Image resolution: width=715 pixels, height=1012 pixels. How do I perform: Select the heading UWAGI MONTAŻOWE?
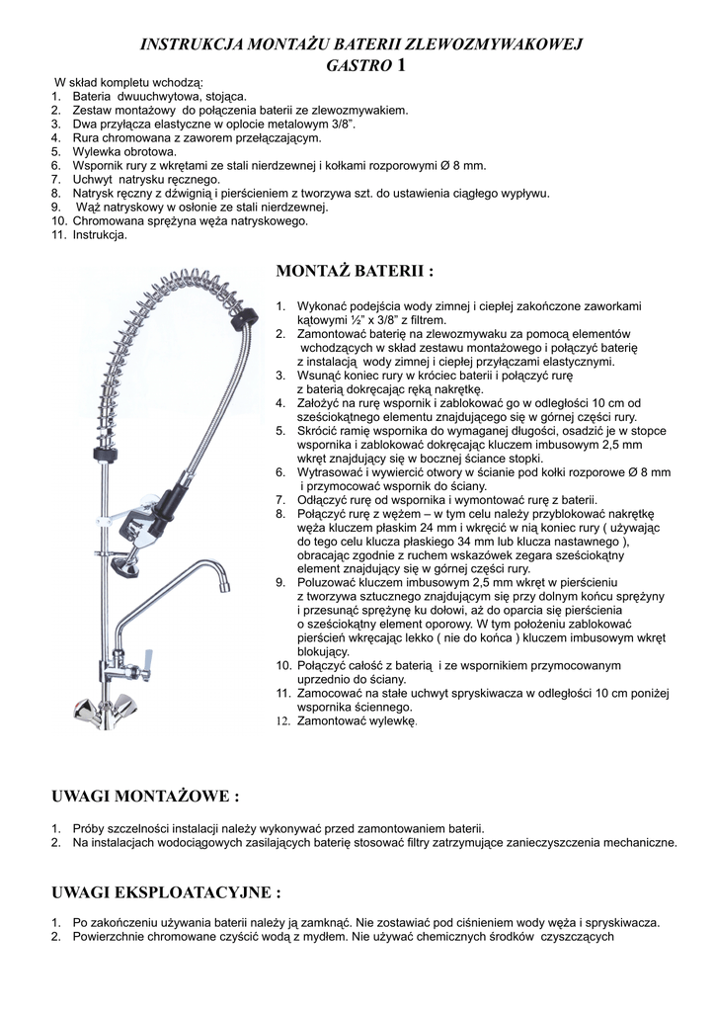[x=144, y=796]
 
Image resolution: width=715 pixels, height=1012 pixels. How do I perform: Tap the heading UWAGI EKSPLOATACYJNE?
[x=165, y=893]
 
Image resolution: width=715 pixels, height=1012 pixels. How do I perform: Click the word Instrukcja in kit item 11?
[x=100, y=235]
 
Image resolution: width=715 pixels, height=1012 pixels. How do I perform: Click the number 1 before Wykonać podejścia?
[x=279, y=307]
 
